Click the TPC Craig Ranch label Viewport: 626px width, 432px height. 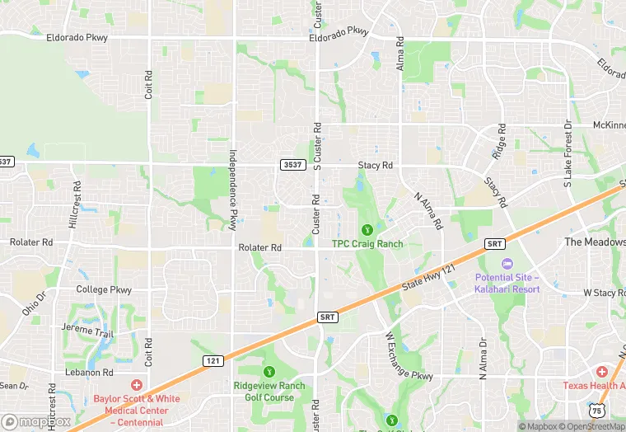(x=367, y=243)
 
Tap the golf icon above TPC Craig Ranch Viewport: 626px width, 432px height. (x=367, y=229)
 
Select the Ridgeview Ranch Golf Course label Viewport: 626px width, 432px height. (x=269, y=392)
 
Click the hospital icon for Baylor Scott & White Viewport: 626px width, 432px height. (x=138, y=385)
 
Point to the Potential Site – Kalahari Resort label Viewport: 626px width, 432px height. (x=507, y=283)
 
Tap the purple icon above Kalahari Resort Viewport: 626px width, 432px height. (x=506, y=263)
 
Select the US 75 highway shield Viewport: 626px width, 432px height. (x=596, y=410)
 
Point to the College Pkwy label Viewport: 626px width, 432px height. (x=104, y=289)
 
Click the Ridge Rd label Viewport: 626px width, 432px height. (x=500, y=142)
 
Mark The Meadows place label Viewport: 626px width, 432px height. (x=594, y=242)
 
